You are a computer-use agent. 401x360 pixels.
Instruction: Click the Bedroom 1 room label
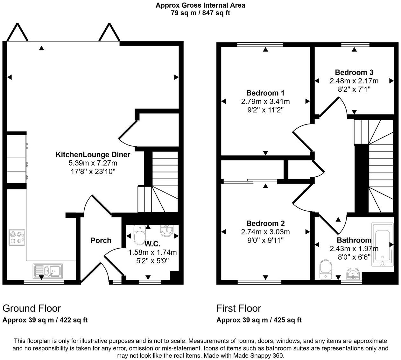[265, 93]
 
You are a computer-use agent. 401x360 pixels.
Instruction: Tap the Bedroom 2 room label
[265, 223]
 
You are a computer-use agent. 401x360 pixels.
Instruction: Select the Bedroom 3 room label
[354, 72]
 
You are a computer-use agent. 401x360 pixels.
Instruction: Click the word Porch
[101, 240]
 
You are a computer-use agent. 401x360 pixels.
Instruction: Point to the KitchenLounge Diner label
[93, 155]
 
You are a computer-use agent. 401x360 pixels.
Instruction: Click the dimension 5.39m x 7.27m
[93, 163]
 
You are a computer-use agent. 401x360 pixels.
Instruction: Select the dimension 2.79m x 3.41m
[265, 102]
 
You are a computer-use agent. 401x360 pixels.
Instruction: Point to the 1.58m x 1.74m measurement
[152, 252]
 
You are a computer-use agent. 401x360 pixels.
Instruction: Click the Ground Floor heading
[32, 308]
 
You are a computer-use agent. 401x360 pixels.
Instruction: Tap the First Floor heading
[239, 308]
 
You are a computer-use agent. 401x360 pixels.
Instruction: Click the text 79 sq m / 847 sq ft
[200, 13]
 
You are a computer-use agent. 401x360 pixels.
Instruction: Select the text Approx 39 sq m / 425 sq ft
[259, 320]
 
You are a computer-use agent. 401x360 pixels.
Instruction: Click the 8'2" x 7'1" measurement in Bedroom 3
[354, 89]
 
